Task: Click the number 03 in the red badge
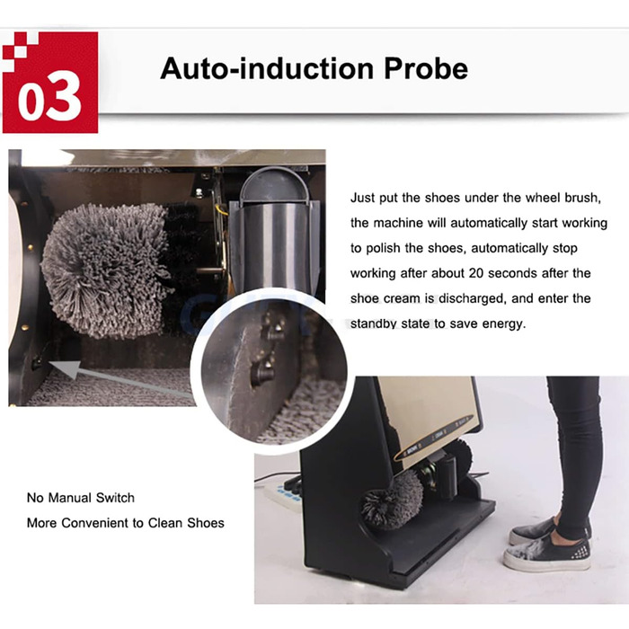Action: (49, 96)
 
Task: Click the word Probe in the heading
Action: (426, 68)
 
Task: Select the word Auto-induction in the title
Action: (267, 68)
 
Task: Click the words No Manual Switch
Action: (81, 498)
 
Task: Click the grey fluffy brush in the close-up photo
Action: (106, 270)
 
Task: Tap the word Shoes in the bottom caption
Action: (206, 523)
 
